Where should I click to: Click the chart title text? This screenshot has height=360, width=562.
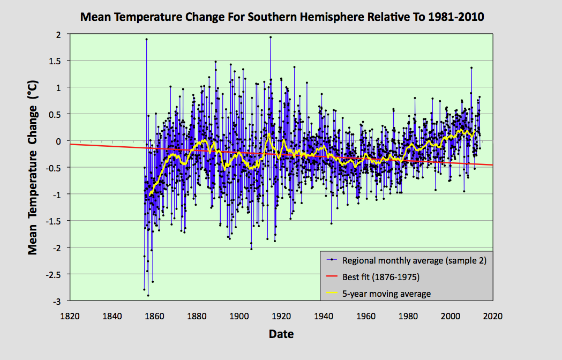(x=282, y=17)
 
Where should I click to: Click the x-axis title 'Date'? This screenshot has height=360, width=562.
(x=281, y=334)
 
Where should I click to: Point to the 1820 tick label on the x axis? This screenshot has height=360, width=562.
(x=70, y=316)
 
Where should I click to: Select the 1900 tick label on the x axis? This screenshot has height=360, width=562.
(x=239, y=316)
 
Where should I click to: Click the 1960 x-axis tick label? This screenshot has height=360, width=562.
(x=366, y=316)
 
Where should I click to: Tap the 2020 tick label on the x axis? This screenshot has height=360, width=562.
(x=492, y=316)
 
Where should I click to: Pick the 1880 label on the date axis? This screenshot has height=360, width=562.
(x=197, y=316)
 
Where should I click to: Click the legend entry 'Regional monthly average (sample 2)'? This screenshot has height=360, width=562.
(x=414, y=261)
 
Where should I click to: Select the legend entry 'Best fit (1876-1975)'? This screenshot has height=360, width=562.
(x=380, y=277)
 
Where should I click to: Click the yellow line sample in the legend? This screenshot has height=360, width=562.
(x=332, y=293)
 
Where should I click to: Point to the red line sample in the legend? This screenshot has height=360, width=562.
(x=332, y=277)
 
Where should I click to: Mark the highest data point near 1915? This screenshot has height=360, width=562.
(x=271, y=37)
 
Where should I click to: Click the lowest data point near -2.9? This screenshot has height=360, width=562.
(x=148, y=295)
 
